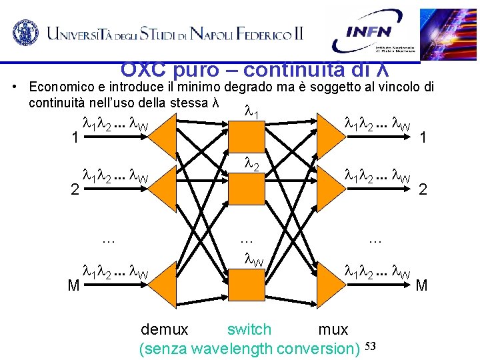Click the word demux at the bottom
click(x=165, y=329)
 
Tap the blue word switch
click(x=249, y=329)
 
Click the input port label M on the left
click(x=74, y=286)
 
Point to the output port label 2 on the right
click(x=423, y=190)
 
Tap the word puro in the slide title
click(x=193, y=69)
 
